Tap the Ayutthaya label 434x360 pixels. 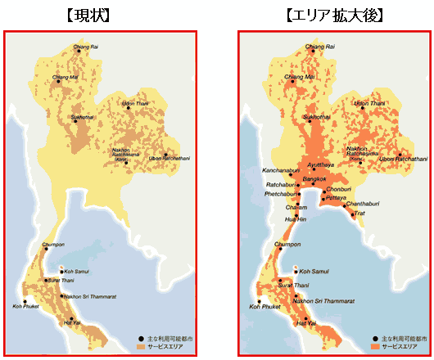pyautogui.click(x=320, y=164)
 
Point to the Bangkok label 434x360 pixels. pyautogui.click(x=314, y=178)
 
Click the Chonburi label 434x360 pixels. pyautogui.click(x=338, y=189)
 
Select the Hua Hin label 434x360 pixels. pyautogui.click(x=295, y=219)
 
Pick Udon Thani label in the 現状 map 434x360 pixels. pyautogui.click(x=136, y=104)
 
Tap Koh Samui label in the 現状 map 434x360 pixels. pyautogui.click(x=76, y=272)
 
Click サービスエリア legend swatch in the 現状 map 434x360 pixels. pyautogui.click(x=141, y=348)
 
